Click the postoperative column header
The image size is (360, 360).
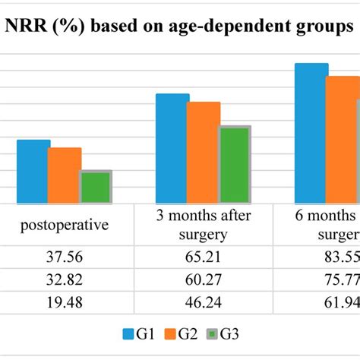pos(65,225)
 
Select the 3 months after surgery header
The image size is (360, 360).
pos(203,225)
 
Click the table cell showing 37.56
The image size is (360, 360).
pos(65,256)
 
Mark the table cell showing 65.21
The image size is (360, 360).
pos(203,256)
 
